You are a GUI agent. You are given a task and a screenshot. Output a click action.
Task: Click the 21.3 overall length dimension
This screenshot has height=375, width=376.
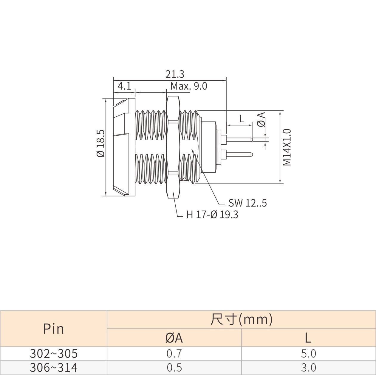click(175, 74)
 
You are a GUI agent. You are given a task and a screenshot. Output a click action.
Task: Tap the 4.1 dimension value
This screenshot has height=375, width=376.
click(124, 86)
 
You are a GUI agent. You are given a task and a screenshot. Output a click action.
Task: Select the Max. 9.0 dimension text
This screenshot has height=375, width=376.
click(189, 86)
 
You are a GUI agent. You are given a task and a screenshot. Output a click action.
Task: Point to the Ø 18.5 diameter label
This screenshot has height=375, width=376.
click(101, 143)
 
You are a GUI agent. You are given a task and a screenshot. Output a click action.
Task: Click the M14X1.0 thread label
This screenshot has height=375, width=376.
click(287, 147)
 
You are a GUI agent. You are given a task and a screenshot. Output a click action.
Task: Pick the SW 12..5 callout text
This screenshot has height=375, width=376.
click(247, 203)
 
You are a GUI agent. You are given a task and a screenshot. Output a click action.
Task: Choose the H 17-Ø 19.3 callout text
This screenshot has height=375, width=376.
click(212, 215)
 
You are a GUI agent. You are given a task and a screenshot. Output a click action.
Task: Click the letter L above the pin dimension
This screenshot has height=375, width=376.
click(242, 119)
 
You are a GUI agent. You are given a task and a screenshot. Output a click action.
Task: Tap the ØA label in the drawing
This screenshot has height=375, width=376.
click(261, 119)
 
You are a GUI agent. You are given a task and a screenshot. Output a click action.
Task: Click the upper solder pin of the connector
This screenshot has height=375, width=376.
click(239, 140)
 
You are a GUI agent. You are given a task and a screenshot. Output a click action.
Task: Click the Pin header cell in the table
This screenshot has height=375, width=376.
click(53, 329)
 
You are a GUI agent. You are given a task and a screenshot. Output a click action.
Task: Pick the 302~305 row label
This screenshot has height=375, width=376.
click(54, 354)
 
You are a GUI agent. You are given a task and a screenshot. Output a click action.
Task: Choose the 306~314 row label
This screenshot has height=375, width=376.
click(54, 368)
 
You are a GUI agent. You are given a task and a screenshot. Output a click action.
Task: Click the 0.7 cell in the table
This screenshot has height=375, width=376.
click(174, 354)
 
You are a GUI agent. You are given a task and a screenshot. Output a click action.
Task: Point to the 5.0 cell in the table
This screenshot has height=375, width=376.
click(309, 354)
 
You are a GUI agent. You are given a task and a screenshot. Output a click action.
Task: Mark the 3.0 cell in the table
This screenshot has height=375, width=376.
click(309, 368)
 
